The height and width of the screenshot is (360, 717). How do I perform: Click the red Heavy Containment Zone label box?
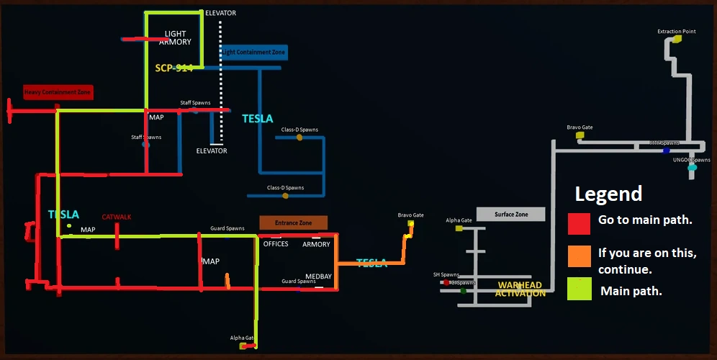coord(58,92)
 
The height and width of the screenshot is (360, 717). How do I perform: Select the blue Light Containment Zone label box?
coord(253,53)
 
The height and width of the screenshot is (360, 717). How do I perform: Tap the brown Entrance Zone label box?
coord(294,223)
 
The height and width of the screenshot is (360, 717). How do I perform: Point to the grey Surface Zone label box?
coord(512,215)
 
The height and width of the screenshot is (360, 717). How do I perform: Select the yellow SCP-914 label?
coord(173,68)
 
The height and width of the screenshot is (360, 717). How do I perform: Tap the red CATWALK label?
coord(117,217)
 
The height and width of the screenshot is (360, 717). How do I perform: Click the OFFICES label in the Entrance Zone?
coord(276,244)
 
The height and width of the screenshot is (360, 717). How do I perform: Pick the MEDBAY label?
coord(318,276)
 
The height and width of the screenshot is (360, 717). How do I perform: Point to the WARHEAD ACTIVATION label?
coord(520,289)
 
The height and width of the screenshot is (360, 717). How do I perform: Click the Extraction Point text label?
coord(677,32)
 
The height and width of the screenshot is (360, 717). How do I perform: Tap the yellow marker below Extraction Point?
coord(676,40)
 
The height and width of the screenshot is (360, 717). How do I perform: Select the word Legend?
coord(608,194)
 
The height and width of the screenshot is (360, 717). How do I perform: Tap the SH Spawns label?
coord(446,274)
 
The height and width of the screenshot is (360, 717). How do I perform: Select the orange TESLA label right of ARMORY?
coord(371,263)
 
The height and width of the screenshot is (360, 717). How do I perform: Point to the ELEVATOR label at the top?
coord(220,13)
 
